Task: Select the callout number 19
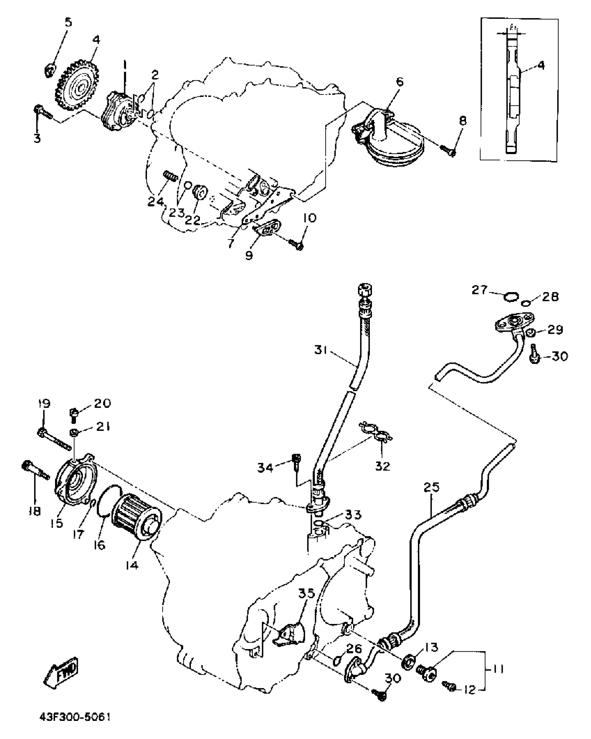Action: [x=44, y=404]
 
